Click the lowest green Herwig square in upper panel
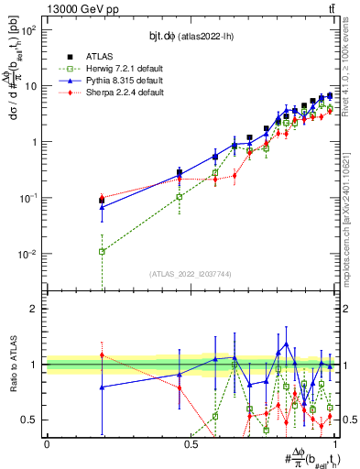(x=102, y=252)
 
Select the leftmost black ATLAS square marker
(x=102, y=200)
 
